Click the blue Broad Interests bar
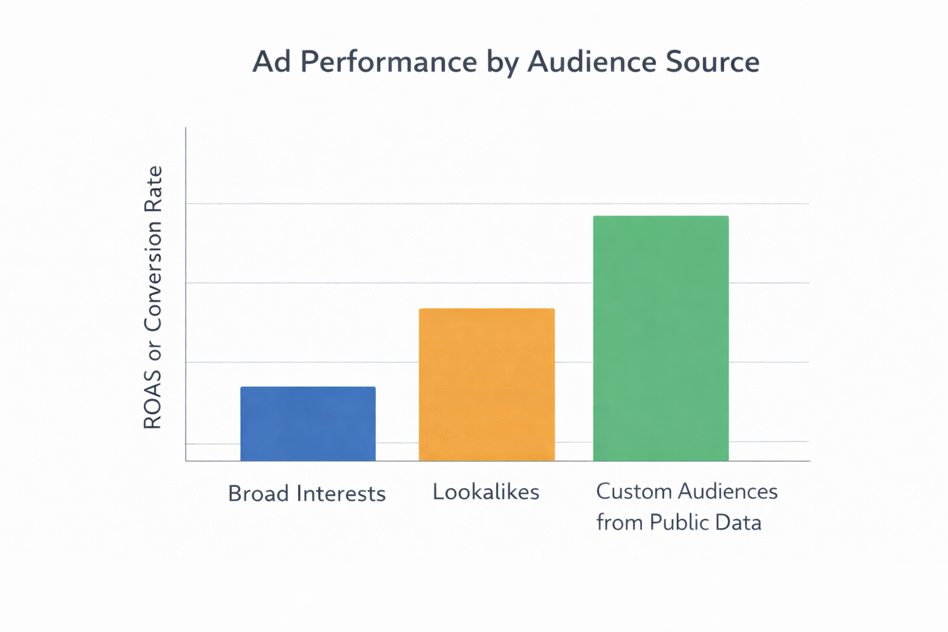(x=308, y=423)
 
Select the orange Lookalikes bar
(x=486, y=384)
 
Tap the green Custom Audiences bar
(x=660, y=338)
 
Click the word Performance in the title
(x=389, y=62)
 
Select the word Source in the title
(x=713, y=62)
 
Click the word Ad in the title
(x=272, y=62)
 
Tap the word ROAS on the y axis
(x=152, y=400)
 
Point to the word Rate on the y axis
(x=152, y=189)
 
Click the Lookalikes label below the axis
(x=486, y=492)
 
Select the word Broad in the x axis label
(x=258, y=494)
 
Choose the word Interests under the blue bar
(x=341, y=494)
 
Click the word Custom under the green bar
(x=633, y=491)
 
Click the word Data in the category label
(x=738, y=523)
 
